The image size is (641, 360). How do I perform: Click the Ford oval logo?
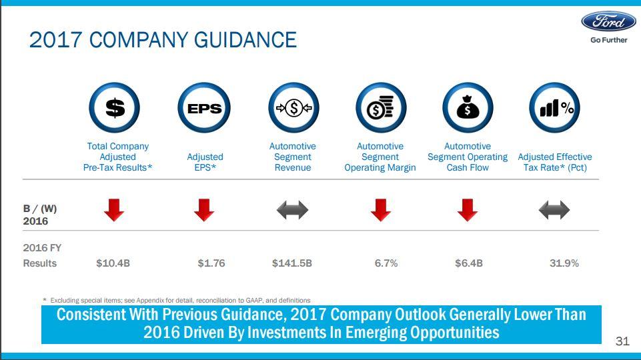point(608,21)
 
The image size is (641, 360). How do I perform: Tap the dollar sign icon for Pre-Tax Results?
point(115,108)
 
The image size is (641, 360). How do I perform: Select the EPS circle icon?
point(204,108)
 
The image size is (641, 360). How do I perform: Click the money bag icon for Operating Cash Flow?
point(468,108)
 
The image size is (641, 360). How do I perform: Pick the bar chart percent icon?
point(555,108)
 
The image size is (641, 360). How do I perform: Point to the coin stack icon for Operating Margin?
point(380,108)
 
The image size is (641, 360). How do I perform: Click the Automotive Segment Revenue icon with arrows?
point(293,108)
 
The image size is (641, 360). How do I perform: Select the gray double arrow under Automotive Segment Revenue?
point(293,211)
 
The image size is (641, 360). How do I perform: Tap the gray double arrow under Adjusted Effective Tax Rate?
point(554,211)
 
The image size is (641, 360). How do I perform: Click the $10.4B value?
point(113,263)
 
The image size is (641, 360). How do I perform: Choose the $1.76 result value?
point(211,263)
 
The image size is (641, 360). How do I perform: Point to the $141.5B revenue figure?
point(292,263)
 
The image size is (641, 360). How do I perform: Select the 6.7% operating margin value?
point(386,263)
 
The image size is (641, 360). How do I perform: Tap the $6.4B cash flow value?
point(469,263)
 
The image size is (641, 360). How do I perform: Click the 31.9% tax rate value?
point(564,263)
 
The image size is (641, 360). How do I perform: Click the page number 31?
point(622,341)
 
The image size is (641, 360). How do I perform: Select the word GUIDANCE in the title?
point(245,40)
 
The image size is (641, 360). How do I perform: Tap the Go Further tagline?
point(608,40)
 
